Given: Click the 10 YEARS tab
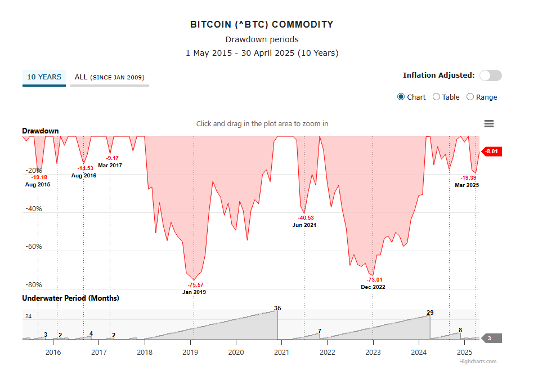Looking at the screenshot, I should (x=44, y=77).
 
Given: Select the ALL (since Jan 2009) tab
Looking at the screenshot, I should (x=109, y=77).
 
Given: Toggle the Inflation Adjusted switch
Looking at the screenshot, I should (x=490, y=75).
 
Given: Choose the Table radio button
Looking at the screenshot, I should (x=436, y=97).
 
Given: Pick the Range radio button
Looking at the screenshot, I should (x=470, y=97).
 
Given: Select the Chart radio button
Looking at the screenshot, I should (x=401, y=97).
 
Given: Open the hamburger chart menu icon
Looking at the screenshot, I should (x=488, y=124).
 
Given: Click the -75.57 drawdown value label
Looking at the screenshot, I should (x=195, y=285).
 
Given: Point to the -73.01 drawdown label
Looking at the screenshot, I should (x=374, y=280).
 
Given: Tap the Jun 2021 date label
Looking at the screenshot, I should (x=304, y=225).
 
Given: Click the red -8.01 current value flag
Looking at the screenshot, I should (x=491, y=151).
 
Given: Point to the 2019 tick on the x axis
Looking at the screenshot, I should (x=190, y=352).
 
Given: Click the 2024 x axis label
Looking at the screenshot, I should (x=419, y=352).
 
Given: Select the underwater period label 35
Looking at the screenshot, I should (x=277, y=308).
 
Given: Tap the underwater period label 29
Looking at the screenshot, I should (x=430, y=313).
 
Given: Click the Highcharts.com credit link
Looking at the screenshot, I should (x=478, y=362).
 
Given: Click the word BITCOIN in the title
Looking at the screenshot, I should (x=209, y=25).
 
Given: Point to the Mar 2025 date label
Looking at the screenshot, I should (x=467, y=185).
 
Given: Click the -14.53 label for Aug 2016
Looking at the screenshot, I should (x=86, y=168).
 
